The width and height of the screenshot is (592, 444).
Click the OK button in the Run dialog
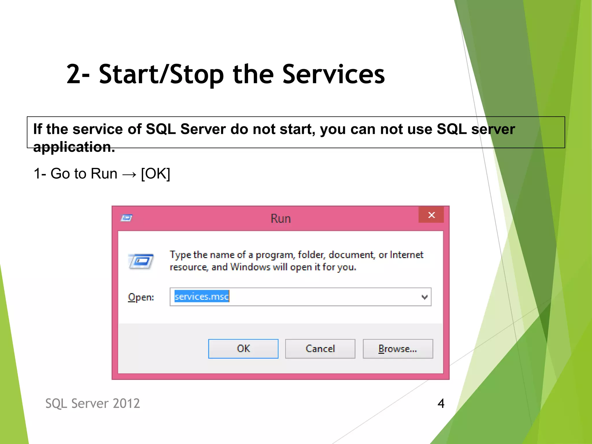[x=243, y=349]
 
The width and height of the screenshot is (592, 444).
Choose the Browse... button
[x=398, y=349]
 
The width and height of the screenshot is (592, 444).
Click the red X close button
[x=431, y=215]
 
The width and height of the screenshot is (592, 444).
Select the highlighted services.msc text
[x=201, y=297]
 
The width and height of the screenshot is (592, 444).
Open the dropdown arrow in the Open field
[x=424, y=297]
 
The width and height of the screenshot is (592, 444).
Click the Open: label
[x=141, y=297]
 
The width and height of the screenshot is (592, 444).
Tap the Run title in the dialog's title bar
[x=280, y=219]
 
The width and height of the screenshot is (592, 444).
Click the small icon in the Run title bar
[x=126, y=218]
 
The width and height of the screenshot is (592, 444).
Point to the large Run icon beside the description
[x=141, y=261]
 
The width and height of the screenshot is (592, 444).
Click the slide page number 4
[x=441, y=403]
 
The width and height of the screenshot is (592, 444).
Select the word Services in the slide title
[x=333, y=74]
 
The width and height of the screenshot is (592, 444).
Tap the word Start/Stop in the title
[x=161, y=74]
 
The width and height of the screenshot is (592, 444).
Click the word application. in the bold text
[x=74, y=147]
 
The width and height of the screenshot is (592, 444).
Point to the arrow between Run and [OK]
[x=129, y=174]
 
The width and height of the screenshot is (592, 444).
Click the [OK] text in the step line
[x=156, y=174]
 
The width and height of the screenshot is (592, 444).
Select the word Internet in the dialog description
[x=406, y=255]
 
